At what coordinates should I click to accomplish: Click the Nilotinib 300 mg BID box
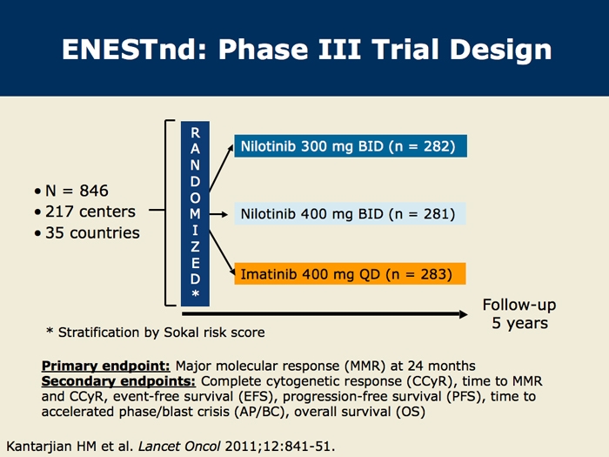click(351, 146)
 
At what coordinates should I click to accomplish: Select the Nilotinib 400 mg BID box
click(350, 214)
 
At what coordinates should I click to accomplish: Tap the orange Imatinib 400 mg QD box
click(350, 274)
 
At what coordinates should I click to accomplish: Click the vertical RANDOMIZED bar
click(195, 214)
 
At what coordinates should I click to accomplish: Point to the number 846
click(94, 191)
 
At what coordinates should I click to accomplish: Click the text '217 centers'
click(90, 212)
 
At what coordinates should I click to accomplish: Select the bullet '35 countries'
click(87, 232)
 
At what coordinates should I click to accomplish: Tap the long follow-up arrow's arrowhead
click(464, 314)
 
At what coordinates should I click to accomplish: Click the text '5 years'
click(519, 323)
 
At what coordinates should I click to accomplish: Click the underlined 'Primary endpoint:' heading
click(105, 366)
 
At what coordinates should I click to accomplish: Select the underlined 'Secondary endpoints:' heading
click(118, 381)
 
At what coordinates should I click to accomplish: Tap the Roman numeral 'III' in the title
click(339, 50)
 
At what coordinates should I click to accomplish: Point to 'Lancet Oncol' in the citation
click(179, 446)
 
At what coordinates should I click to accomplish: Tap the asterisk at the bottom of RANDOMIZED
click(196, 293)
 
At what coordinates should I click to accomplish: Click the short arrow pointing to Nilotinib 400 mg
click(218, 214)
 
